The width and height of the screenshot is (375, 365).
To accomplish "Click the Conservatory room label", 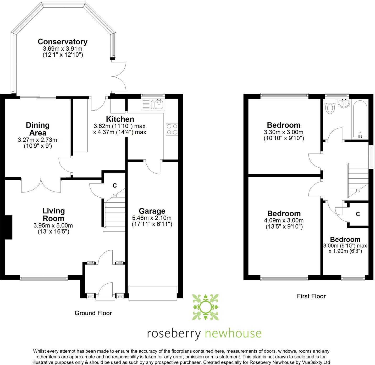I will coord(63,42).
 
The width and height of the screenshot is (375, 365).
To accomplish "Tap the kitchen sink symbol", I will coord(159,104).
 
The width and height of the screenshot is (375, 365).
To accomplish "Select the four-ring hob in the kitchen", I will coord(172,129).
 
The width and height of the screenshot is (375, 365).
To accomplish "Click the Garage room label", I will coord(152,211).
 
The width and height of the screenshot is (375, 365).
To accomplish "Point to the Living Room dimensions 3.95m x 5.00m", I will coord(53,226).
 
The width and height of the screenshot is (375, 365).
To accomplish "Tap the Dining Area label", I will coord(38,129).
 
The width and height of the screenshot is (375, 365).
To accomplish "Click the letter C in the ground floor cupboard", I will coord(114,186).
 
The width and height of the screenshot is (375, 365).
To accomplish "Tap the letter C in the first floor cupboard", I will coord(358,214).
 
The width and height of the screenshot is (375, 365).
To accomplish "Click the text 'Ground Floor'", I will coord(93,313).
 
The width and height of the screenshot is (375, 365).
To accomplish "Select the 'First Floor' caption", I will coord(311,296).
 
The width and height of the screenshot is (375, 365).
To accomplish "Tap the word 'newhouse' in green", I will coord(233,333).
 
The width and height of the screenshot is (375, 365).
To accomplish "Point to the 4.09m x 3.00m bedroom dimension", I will coord(284,221).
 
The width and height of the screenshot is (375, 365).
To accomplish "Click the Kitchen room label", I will coord(120,119).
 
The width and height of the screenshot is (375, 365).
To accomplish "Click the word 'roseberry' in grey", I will coord(174,334).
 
